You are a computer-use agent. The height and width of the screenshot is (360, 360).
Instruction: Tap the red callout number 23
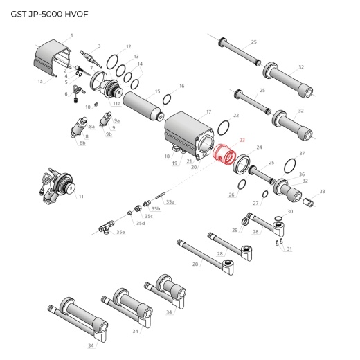[x=242, y=140]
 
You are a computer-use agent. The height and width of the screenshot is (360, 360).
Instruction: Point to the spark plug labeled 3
[x=89, y=55]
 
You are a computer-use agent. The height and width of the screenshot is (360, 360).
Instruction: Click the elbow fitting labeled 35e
[x=106, y=226]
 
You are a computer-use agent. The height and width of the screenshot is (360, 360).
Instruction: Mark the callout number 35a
[x=170, y=201]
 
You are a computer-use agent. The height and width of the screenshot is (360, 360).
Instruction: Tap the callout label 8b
[x=82, y=143]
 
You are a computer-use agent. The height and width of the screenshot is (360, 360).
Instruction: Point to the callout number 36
[x=302, y=174]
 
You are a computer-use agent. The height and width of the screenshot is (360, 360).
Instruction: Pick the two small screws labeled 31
[x=279, y=242]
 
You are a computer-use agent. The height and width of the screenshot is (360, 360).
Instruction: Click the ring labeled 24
[x=243, y=165]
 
